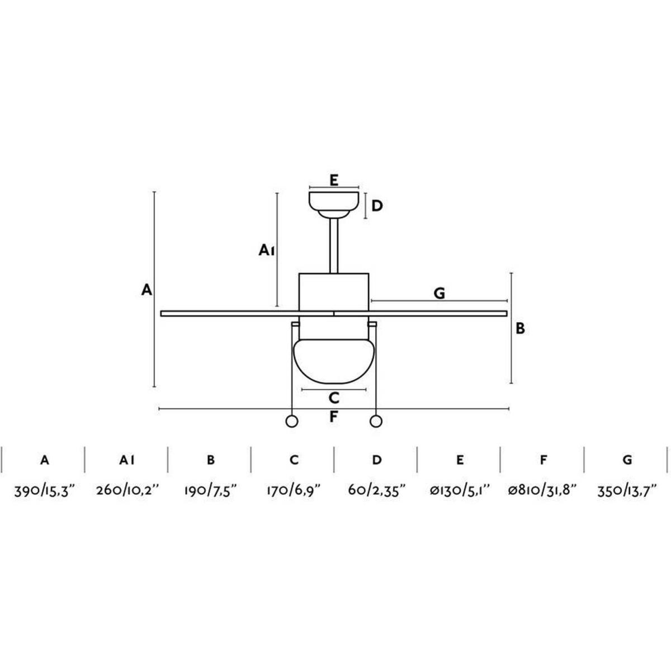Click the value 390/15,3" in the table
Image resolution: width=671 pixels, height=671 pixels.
pyautogui.click(x=45, y=492)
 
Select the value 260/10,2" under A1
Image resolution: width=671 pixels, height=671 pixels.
pyautogui.click(x=128, y=492)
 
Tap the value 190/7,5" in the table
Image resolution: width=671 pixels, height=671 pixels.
pyautogui.click(x=211, y=492)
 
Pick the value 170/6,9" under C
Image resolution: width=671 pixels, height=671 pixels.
pyautogui.click(x=294, y=492)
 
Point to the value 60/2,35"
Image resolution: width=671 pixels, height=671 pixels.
pyautogui.click(x=377, y=492)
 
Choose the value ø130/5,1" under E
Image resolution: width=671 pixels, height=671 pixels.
pyautogui.click(x=460, y=492)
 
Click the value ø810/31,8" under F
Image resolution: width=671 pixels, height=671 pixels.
pyautogui.click(x=543, y=492)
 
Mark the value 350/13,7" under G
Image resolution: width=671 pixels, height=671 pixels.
pyautogui.click(x=627, y=492)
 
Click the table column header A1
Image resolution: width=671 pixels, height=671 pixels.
pyautogui.click(x=127, y=460)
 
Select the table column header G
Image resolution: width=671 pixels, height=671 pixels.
pyautogui.click(x=627, y=460)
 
